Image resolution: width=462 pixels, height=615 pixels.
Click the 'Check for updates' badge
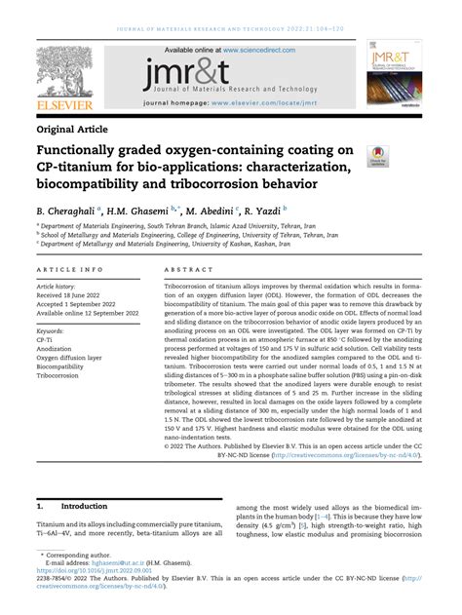click(375, 153)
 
